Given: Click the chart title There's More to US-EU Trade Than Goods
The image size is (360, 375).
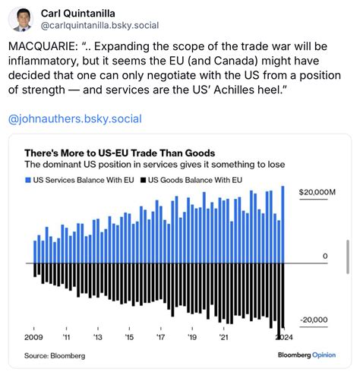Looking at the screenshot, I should [119, 152].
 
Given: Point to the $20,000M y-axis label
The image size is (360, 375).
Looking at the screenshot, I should [317, 193].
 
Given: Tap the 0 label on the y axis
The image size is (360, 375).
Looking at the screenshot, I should [325, 257].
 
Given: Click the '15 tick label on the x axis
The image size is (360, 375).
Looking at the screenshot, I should [129, 336].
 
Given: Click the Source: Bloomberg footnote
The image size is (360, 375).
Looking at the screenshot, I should [55, 355].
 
